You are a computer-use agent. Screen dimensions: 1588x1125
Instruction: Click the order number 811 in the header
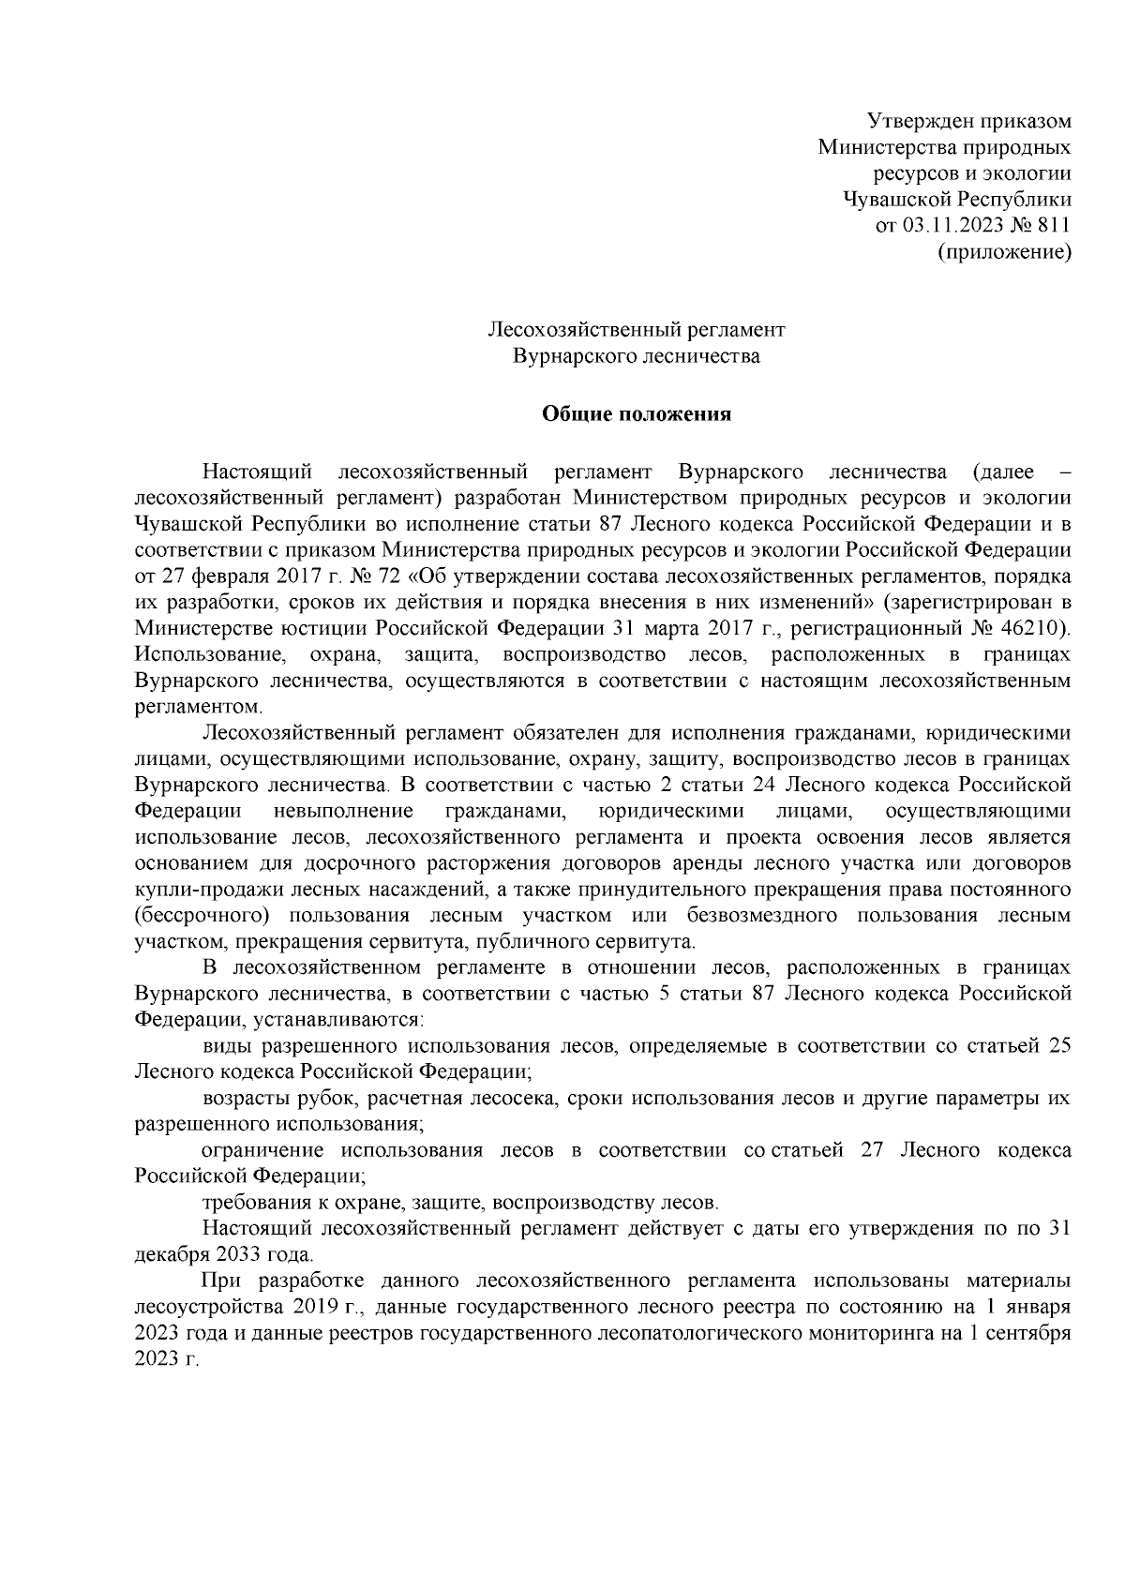(x=1054, y=225)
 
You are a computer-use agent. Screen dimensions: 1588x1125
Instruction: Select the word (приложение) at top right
(x=1005, y=251)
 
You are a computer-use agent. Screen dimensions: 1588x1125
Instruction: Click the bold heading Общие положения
(x=637, y=414)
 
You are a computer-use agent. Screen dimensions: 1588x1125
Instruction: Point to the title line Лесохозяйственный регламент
(x=637, y=330)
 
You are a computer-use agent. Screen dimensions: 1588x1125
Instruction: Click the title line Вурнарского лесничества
(x=637, y=356)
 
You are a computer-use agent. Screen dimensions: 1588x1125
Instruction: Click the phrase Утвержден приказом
(x=969, y=121)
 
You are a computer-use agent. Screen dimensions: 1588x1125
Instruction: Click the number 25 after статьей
(x=1059, y=1045)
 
